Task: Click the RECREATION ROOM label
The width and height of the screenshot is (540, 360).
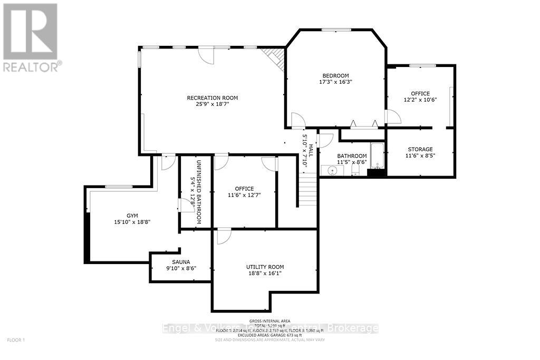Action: [x=212, y=98]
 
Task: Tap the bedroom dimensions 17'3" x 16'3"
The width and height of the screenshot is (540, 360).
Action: [x=335, y=82]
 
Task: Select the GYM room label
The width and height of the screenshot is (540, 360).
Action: [x=131, y=216]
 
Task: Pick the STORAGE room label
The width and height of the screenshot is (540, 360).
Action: [x=420, y=149]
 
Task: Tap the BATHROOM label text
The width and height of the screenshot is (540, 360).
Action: [x=352, y=155]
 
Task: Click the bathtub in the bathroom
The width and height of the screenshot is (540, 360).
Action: [x=378, y=155]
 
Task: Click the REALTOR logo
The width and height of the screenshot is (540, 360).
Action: [x=30, y=36]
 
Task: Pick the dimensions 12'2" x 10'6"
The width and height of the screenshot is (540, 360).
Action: [x=420, y=100]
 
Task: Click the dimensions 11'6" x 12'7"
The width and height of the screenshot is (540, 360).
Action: [x=244, y=195]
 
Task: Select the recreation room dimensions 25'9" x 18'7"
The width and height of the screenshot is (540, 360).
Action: [x=212, y=104]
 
